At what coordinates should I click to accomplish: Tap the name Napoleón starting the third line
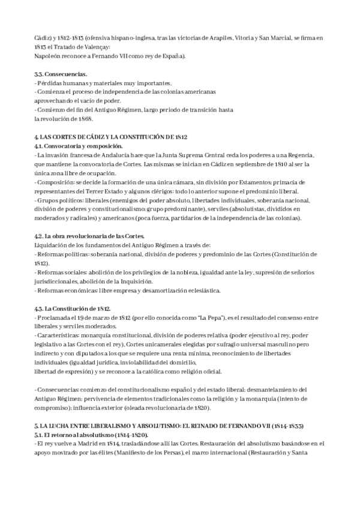coord(48,56)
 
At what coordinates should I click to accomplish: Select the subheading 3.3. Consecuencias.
coord(61,74)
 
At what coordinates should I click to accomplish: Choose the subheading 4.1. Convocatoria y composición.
coord(79,146)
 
